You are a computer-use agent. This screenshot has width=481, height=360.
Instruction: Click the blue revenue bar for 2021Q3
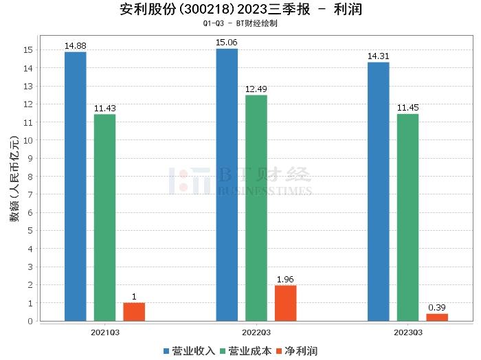(x=75, y=186)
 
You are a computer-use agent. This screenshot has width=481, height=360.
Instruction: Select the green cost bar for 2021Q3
(x=104, y=217)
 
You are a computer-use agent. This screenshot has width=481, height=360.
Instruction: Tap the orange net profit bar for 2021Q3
(x=134, y=311)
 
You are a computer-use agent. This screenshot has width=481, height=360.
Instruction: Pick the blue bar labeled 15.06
(x=227, y=184)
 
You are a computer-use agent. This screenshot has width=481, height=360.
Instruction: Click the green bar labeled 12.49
(x=256, y=207)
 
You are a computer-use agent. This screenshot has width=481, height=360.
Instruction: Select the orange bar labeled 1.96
(x=285, y=303)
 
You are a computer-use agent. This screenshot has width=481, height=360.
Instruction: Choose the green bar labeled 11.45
(x=407, y=217)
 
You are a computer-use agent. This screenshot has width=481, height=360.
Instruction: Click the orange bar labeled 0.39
(x=437, y=317)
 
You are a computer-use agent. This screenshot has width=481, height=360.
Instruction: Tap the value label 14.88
(x=75, y=46)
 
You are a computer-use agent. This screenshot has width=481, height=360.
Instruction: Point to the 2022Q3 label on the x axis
(x=256, y=332)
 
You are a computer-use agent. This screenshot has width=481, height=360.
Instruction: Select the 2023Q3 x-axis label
(x=407, y=332)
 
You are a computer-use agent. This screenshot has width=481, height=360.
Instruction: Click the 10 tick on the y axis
(x=29, y=140)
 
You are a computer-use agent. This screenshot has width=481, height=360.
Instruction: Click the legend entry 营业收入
(x=193, y=351)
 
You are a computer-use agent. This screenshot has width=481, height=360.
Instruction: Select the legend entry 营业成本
(x=249, y=351)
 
